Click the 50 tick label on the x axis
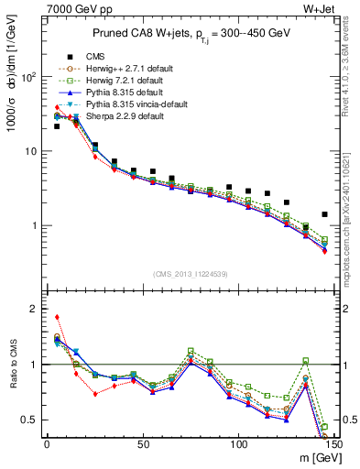tap(142, 444)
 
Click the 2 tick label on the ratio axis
tap(35, 309)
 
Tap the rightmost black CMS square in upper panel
tap(324, 214)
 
